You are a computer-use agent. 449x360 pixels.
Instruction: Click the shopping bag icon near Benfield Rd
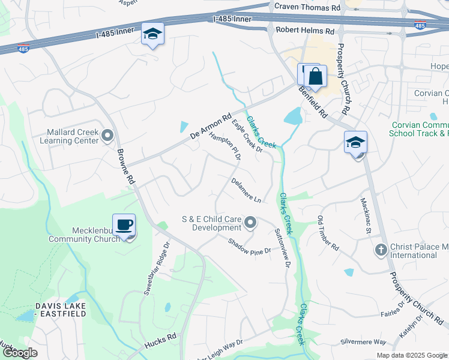tap(316, 77)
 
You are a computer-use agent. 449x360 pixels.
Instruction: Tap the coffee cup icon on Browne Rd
tap(124, 226)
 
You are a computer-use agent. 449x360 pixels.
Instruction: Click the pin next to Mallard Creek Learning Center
tap(108, 136)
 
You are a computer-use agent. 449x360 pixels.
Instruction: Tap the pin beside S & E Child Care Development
tap(251, 224)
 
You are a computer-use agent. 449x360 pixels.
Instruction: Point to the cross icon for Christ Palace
tap(380, 250)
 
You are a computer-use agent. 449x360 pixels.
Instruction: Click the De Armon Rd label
tap(211, 127)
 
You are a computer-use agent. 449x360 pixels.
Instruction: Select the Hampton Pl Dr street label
tap(224, 146)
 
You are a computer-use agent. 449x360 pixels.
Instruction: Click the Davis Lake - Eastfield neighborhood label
tap(60, 310)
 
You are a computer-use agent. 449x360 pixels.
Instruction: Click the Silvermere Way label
tap(363, 341)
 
